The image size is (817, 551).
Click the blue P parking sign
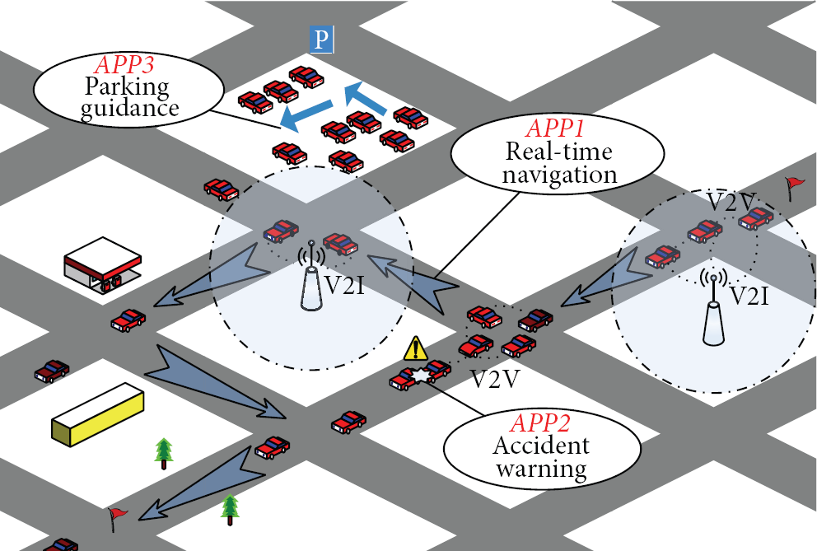tap(321, 39)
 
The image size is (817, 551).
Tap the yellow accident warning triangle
tap(415, 348)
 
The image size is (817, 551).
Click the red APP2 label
tap(540, 423)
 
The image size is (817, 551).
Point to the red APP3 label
tap(124, 65)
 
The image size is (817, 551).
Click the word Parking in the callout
tap(127, 87)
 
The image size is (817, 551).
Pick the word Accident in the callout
tap(541, 446)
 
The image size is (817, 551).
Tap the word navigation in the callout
tap(559, 175)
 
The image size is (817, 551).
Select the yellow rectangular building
tap(98, 414)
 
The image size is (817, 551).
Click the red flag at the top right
tap(795, 188)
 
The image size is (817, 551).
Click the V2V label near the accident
tap(494, 380)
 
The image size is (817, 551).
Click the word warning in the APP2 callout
tap(541, 468)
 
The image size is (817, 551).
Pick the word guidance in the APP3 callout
tap(130, 109)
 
